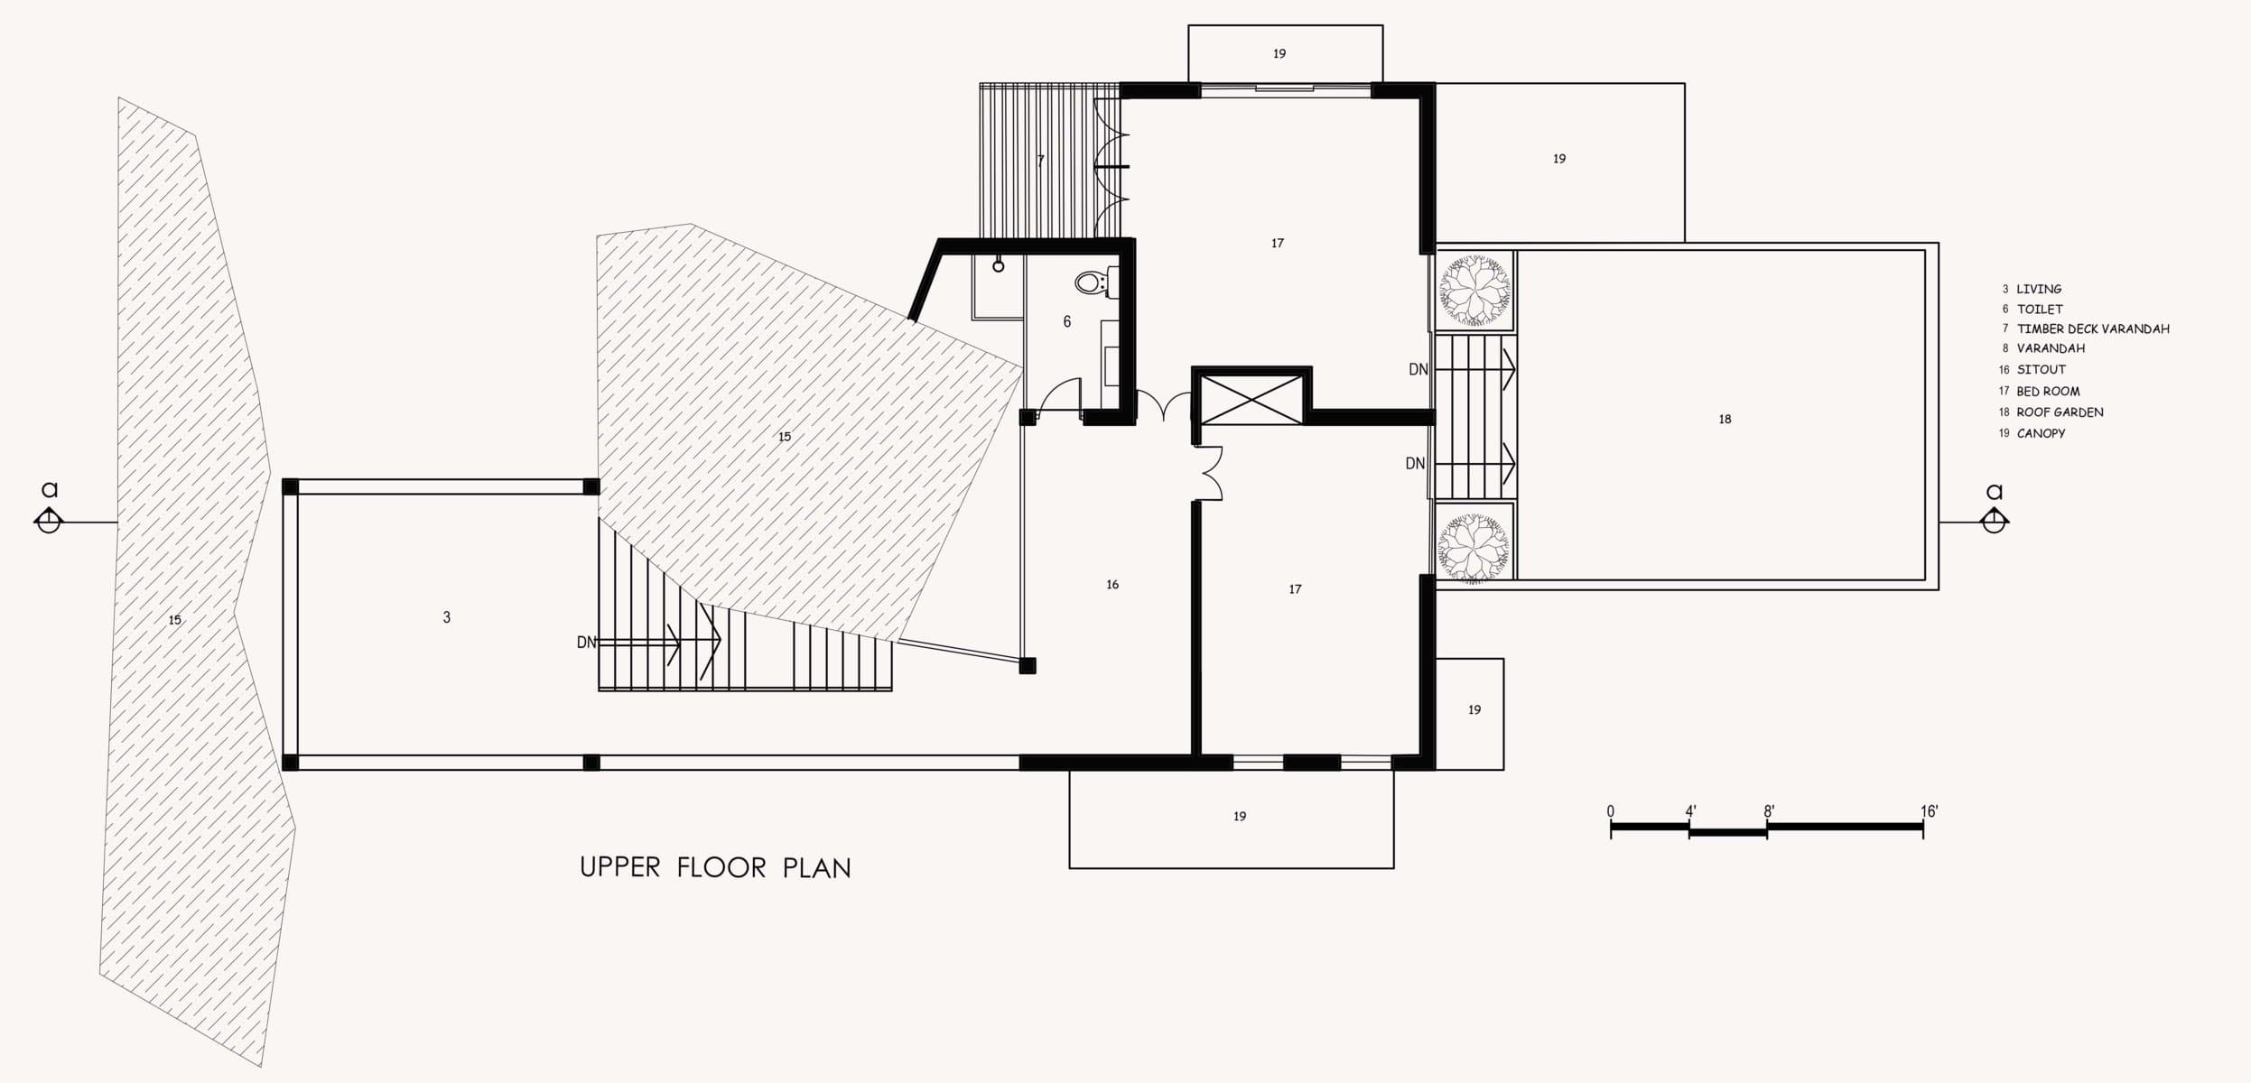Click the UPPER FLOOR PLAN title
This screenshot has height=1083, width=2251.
click(x=715, y=867)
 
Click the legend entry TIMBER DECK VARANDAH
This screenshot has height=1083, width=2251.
click(x=2093, y=329)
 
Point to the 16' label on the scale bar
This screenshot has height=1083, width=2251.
click(x=1930, y=811)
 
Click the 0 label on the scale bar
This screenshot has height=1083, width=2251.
click(x=1611, y=811)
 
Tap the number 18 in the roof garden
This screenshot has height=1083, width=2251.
click(x=1725, y=419)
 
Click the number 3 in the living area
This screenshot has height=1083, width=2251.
click(x=446, y=617)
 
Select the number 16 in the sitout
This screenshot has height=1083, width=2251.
click(x=1112, y=585)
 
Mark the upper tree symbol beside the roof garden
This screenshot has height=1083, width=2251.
click(x=1474, y=290)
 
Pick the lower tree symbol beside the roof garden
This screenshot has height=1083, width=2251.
click(x=1474, y=549)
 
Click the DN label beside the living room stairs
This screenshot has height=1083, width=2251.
click(x=587, y=643)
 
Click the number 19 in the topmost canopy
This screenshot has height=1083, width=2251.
click(x=1279, y=54)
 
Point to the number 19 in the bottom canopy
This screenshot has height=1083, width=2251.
click(x=1240, y=817)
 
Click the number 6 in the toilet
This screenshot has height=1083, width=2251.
click(x=1067, y=321)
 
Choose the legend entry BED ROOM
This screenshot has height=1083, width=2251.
click(x=2048, y=392)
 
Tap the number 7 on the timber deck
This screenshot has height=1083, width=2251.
click(x=1040, y=161)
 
